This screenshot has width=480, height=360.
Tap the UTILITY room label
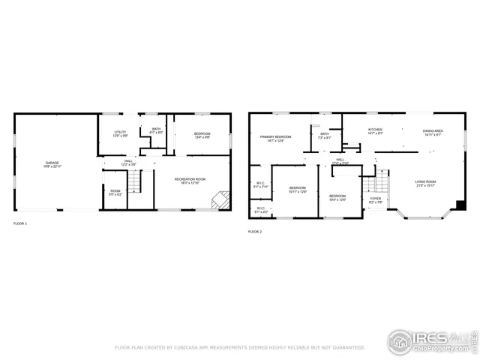tap(120, 133)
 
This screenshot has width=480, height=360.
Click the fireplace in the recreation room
tap(220, 200)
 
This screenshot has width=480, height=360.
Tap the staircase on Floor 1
tap(133, 181)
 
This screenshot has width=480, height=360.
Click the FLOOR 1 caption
tap(20, 223)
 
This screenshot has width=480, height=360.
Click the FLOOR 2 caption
tap(255, 232)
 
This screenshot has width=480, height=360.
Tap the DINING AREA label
tap(433, 131)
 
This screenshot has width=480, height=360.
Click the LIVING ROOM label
tap(425, 182)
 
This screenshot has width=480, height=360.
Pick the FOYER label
tap(375, 199)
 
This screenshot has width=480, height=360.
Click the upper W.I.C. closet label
tap(259, 184)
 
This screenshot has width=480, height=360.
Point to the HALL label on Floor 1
tap(128, 163)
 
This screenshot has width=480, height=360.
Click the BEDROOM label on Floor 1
tap(202, 136)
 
